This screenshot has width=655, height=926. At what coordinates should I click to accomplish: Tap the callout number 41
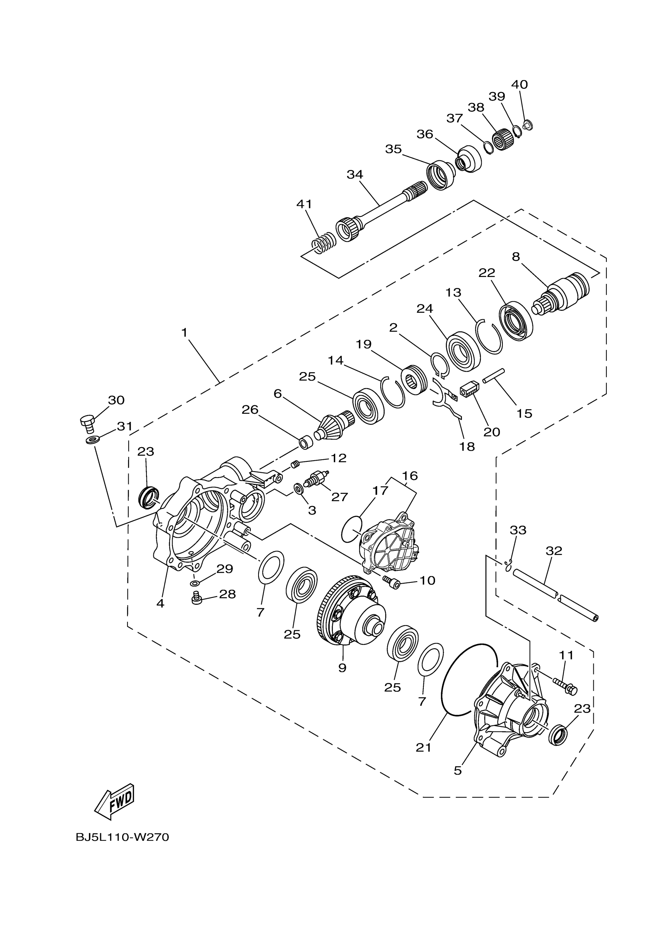304,204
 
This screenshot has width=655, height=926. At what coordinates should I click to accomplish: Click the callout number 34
354,174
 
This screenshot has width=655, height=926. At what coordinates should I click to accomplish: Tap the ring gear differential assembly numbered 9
351,613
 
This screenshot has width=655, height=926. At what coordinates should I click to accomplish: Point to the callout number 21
423,747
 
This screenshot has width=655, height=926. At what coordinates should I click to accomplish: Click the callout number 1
184,333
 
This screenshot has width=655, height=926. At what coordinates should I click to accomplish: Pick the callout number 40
519,85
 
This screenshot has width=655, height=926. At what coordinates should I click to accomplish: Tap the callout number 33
518,530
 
